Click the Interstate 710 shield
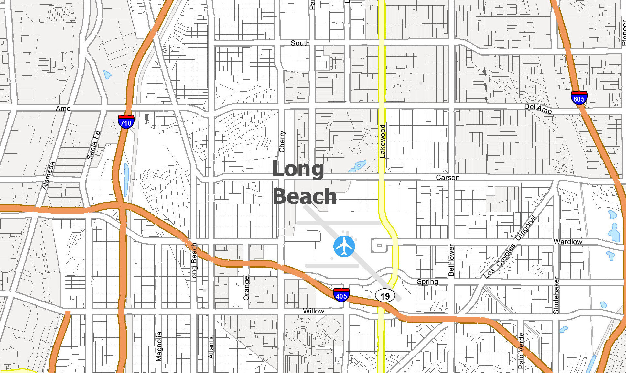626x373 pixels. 126,122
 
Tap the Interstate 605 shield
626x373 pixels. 579,98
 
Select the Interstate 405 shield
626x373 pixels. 341,295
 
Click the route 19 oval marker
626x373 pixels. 385,296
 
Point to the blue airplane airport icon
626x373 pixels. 344,247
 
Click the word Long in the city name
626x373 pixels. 298,169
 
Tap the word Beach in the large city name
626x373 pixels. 305,196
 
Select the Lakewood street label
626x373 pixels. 382,141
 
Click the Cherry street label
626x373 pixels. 282,141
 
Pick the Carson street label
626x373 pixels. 448,178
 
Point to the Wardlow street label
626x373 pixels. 568,242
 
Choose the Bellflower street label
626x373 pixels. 451,260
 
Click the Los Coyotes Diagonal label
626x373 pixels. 510,247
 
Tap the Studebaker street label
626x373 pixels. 556,295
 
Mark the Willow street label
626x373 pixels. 313,311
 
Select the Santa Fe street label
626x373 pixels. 93,145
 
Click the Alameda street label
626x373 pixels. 48,175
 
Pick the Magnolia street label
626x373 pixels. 159,346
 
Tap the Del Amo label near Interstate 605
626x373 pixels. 538,108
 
